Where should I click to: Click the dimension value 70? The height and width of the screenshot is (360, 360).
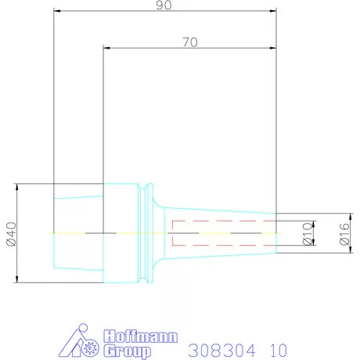(189, 42)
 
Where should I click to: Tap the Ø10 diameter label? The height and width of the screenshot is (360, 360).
(308, 233)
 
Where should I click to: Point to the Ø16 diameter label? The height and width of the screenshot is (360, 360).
(343, 233)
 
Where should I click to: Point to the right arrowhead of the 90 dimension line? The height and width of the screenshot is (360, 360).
(275, 12)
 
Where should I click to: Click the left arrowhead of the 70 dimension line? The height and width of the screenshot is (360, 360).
(106, 49)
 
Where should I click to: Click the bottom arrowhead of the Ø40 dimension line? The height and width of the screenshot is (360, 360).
(17, 280)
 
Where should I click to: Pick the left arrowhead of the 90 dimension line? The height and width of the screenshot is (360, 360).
(56, 12)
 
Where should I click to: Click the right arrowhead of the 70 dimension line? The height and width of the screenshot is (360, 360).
(275, 49)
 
